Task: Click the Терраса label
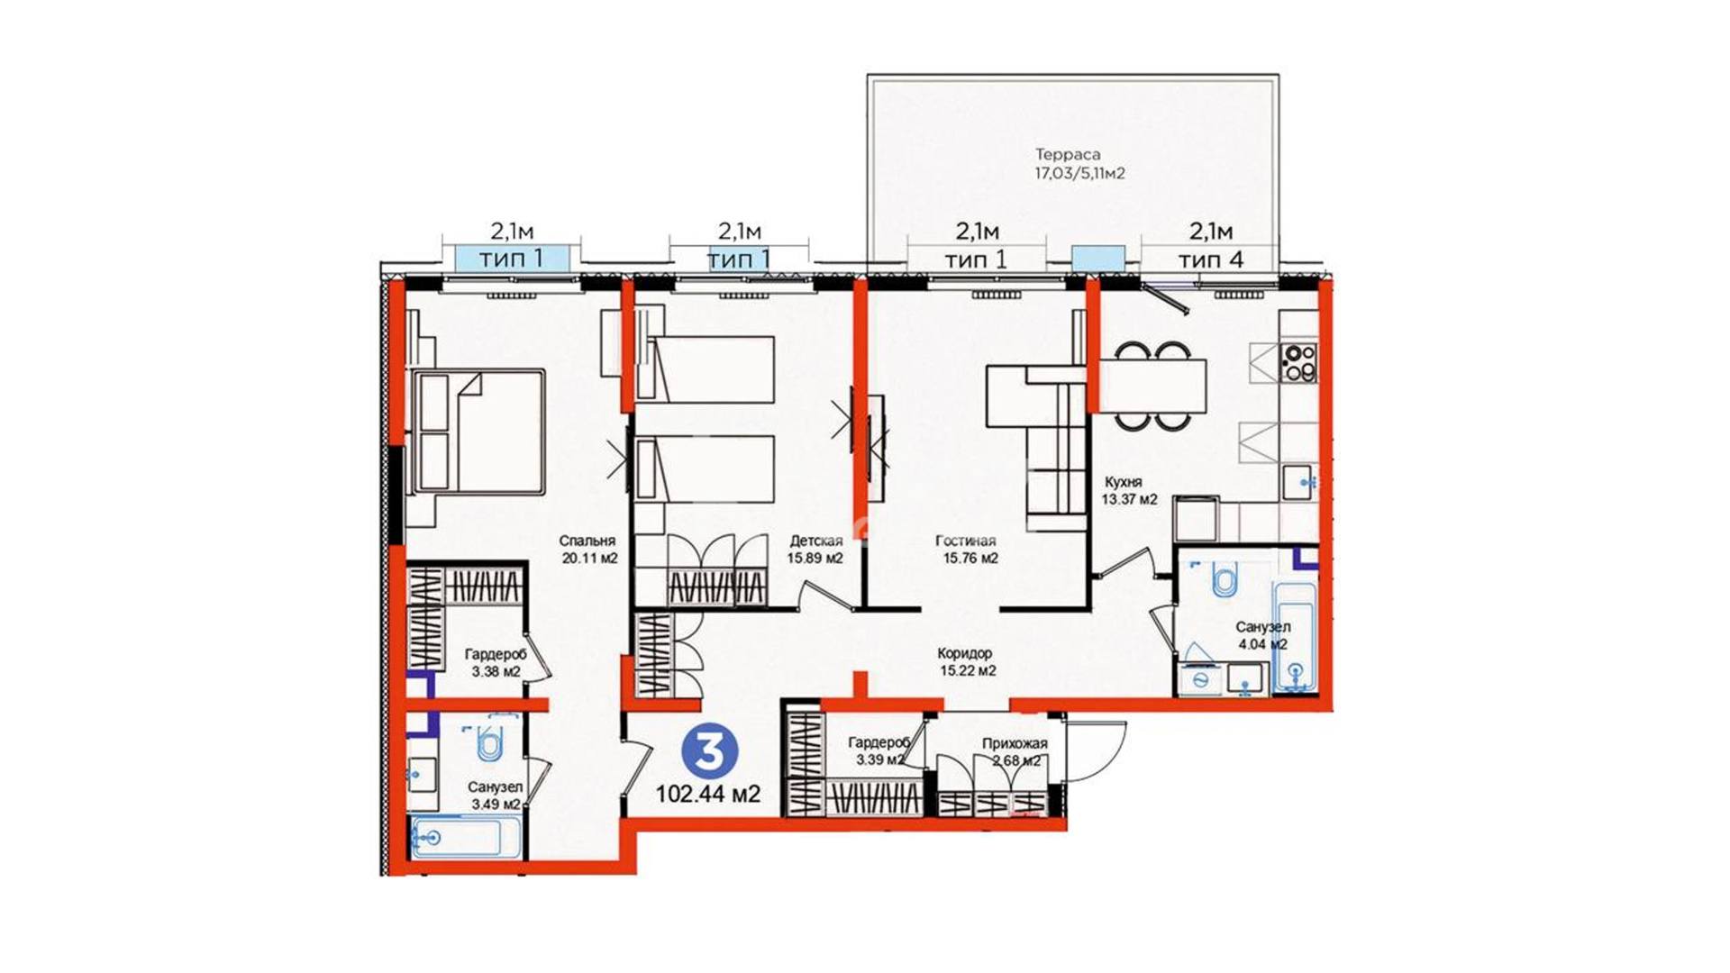tap(1069, 154)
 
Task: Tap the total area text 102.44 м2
tap(708, 794)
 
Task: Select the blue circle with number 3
tap(710, 750)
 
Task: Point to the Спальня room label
tap(587, 541)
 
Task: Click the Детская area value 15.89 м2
tap(815, 559)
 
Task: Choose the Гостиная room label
tap(965, 541)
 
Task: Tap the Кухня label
tap(1123, 482)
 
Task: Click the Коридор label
tap(964, 653)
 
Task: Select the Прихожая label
tap(1015, 743)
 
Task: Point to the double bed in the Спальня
tap(478, 432)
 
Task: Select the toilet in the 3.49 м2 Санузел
tap(487, 743)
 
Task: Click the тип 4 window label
tap(1211, 259)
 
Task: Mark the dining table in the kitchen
tap(1152, 386)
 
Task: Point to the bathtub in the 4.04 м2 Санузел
tap(1295, 637)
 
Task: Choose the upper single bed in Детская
tap(705, 369)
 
